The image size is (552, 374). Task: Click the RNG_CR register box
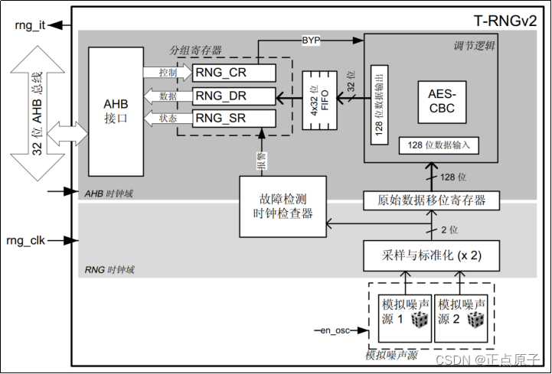pyautogui.click(x=234, y=73)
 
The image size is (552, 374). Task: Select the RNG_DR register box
pyautogui.click(x=234, y=96)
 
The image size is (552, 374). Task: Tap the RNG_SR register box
pyautogui.click(x=234, y=119)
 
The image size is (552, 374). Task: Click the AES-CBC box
pyautogui.click(x=441, y=100)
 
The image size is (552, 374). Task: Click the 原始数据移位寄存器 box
pyautogui.click(x=431, y=200)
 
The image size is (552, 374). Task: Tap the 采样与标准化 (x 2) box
pyautogui.click(x=431, y=254)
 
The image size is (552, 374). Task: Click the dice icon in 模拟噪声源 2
pyautogui.click(x=475, y=321)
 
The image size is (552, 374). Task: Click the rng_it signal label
pyautogui.click(x=30, y=25)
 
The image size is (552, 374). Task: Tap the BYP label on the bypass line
pyautogui.click(x=312, y=39)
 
